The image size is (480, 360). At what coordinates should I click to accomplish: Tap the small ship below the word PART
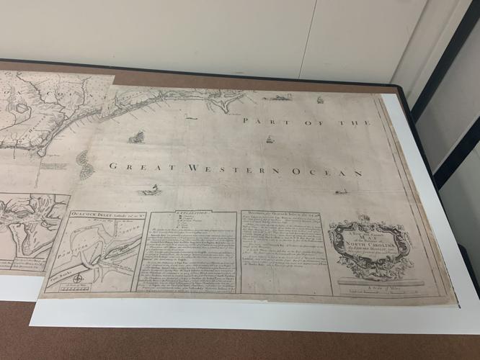click(x=270, y=139)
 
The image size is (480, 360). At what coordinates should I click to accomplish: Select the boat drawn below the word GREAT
click(x=150, y=191)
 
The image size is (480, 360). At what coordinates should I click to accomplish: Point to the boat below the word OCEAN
click(x=342, y=192)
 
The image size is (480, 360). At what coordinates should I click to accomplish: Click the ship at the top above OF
click(x=319, y=99)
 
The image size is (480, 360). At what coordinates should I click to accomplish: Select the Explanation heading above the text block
click(x=190, y=214)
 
